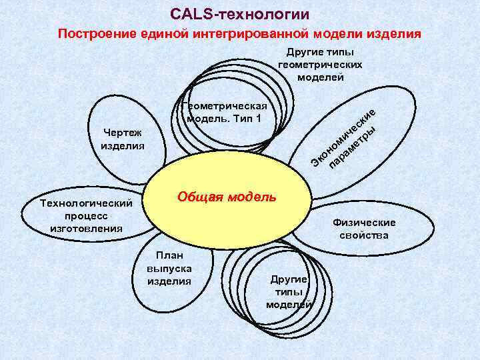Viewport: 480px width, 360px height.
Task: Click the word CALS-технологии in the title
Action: pos(239,13)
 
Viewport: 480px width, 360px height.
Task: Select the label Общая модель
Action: pos(226,197)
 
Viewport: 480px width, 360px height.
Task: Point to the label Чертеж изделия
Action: pos(122,139)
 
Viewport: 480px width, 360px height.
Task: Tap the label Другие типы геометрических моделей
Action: pos(319,65)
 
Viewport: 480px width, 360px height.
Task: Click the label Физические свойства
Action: pos(363,229)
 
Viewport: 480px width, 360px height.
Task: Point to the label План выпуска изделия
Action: pos(169,267)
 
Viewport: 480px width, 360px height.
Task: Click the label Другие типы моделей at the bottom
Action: pos(288,291)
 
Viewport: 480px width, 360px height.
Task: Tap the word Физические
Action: pos(363,223)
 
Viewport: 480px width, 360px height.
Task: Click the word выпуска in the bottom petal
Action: pos(169,267)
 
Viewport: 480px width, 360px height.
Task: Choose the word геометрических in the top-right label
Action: pos(319,65)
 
